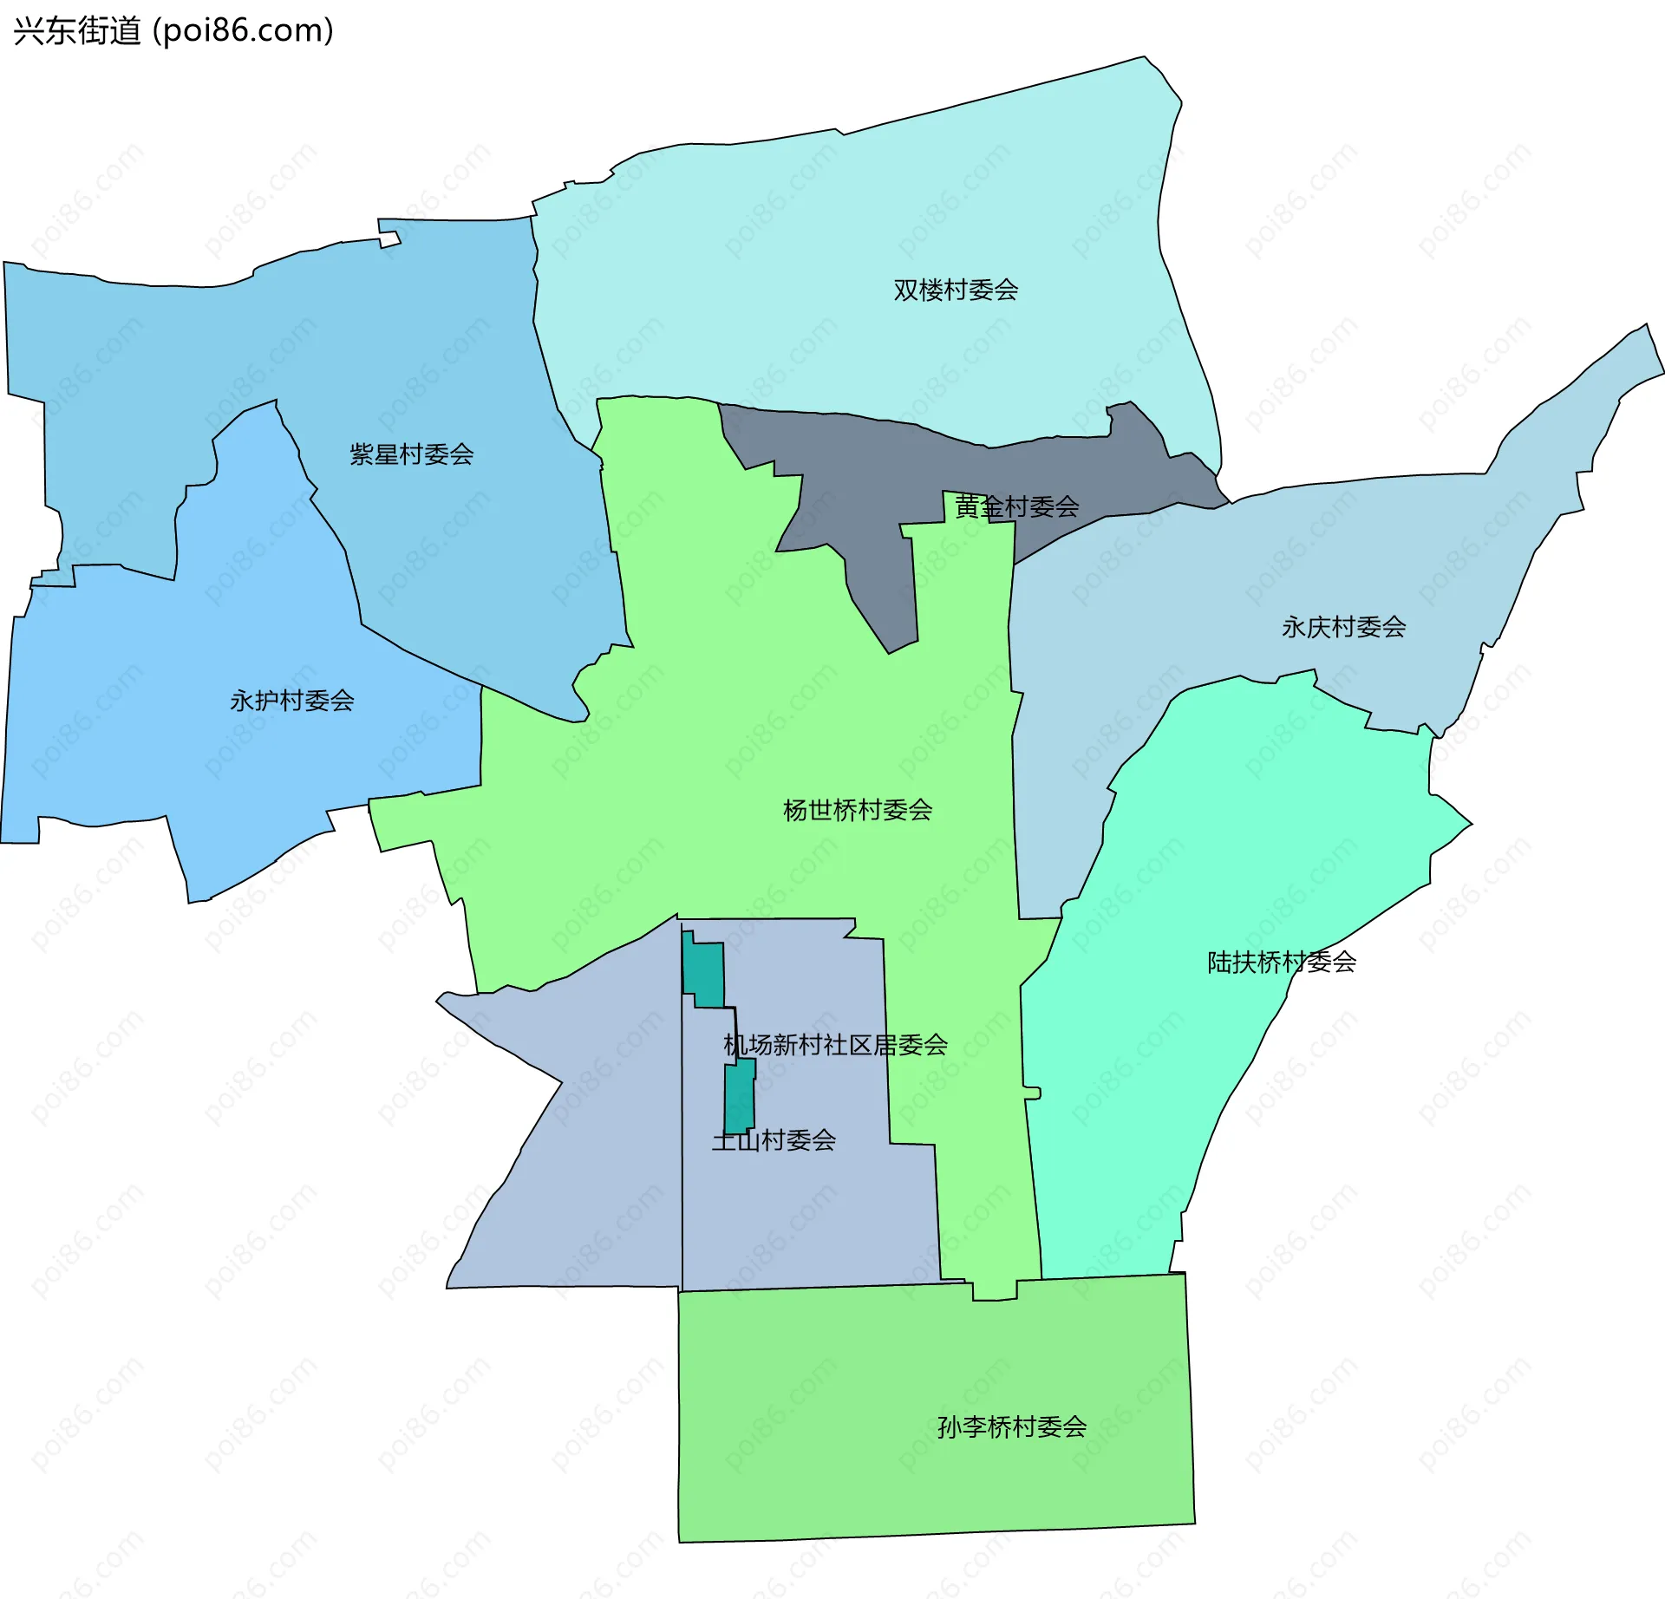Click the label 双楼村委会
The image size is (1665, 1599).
956,290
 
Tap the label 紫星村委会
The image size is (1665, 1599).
411,454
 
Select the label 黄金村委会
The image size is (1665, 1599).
1016,506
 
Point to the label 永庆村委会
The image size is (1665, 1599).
1343,627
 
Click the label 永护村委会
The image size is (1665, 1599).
291,701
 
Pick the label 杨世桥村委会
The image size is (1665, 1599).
857,810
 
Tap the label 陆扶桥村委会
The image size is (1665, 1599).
1282,962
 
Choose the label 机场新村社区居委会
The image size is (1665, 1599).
835,1045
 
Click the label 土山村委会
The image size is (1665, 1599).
774,1140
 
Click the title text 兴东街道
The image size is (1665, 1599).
76,31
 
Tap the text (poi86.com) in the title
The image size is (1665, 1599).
243,31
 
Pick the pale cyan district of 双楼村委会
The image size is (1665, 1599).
867,217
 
